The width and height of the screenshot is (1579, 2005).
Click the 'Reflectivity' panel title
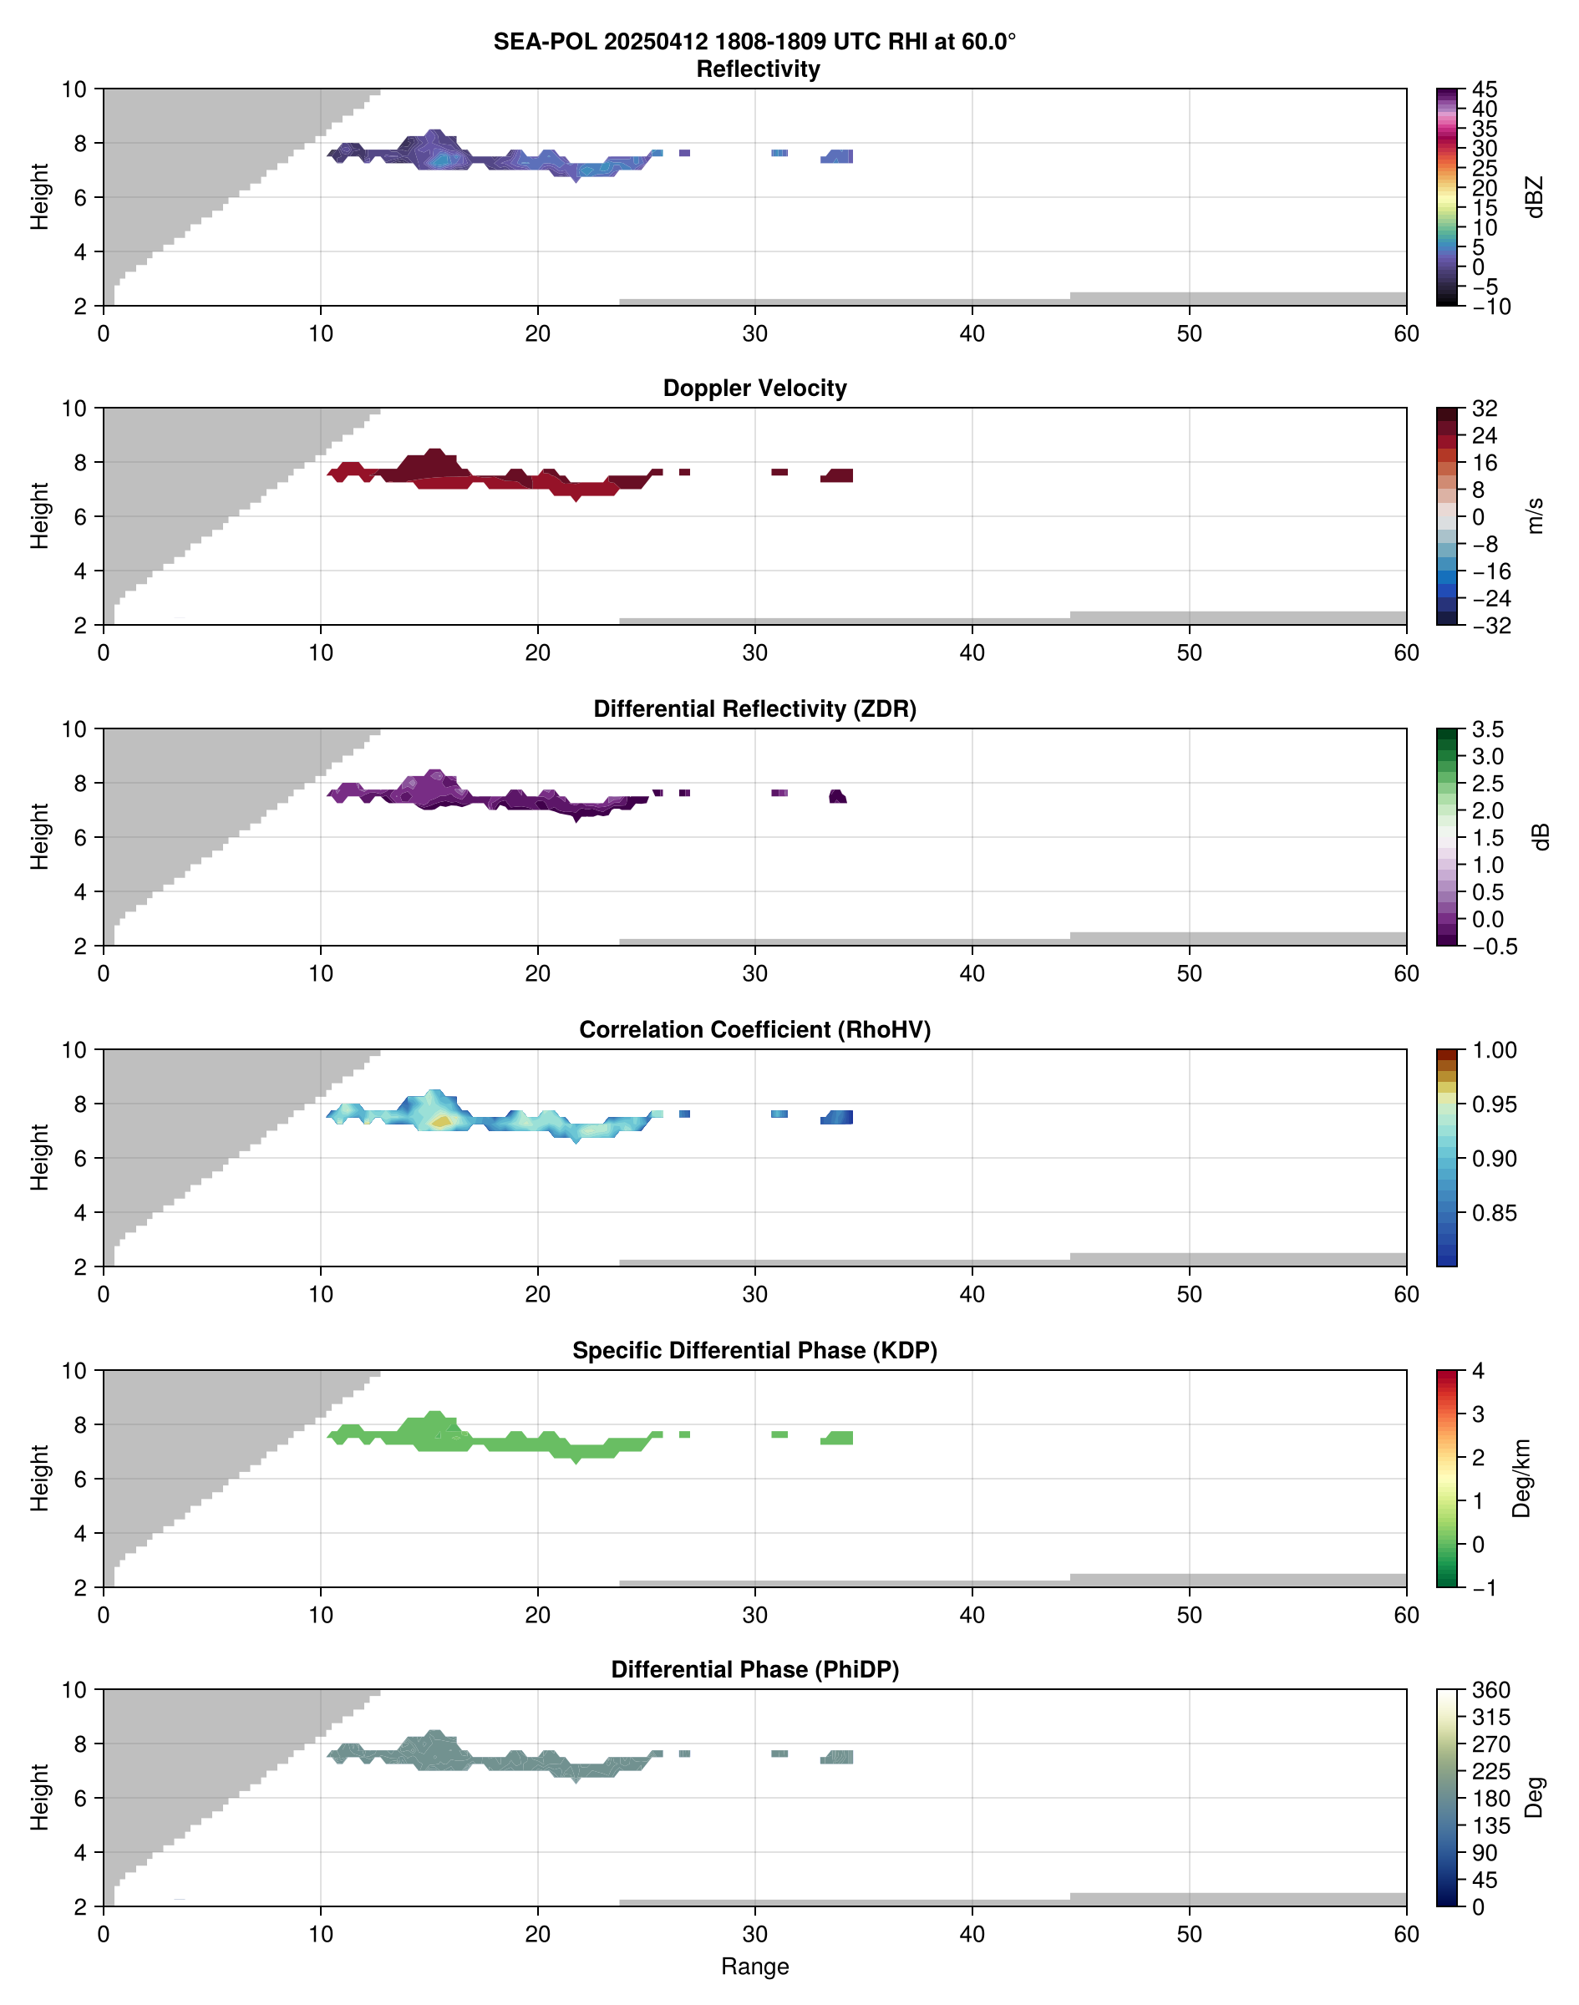tap(758, 69)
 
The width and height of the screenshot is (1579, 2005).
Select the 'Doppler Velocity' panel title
tap(754, 388)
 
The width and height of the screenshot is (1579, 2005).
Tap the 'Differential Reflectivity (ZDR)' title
tap(754, 709)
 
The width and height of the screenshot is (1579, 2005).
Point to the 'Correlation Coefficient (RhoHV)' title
tap(754, 1030)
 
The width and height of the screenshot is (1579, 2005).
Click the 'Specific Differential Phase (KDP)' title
tap(754, 1351)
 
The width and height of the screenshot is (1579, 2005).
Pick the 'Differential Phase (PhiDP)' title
tap(754, 1669)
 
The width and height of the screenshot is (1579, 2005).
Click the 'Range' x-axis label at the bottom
tap(754, 1967)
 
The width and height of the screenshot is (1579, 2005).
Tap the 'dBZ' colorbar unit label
tap(1536, 197)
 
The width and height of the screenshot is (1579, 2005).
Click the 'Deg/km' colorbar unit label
tap(1521, 1478)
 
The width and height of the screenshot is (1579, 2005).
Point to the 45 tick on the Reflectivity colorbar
tap(1485, 89)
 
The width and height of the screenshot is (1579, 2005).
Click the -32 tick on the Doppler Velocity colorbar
tap(1491, 626)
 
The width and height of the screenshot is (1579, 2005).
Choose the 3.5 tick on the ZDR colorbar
tap(1487, 729)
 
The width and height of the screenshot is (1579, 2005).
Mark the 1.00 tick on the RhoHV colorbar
tap(1493, 1050)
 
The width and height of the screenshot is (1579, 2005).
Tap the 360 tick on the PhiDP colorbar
tap(1491, 1691)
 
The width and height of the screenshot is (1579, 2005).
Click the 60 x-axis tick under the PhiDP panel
tap(1406, 1934)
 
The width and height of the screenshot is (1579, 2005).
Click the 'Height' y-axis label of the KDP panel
tap(38, 1478)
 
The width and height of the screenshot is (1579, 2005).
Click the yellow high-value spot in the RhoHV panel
tap(442, 1121)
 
